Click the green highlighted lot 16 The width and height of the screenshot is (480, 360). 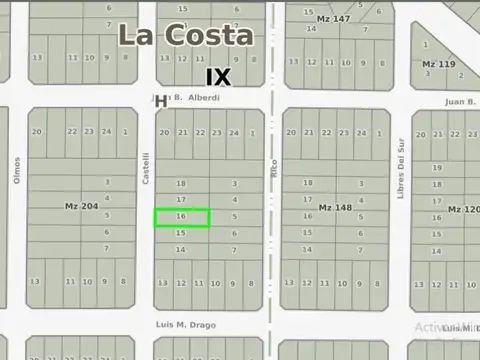click(181, 217)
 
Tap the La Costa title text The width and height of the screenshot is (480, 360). click(185, 35)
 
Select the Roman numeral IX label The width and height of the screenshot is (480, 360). click(218, 77)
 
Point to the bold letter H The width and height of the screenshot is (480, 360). click(160, 101)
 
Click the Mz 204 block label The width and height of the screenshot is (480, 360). click(81, 206)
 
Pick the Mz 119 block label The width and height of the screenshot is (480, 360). click(439, 64)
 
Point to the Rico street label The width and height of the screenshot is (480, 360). click(273, 168)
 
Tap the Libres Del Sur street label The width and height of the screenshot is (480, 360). click(400, 175)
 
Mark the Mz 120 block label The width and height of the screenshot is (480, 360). click(464, 209)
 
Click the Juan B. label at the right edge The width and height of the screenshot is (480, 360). click(459, 101)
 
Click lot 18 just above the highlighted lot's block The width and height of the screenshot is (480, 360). click(181, 184)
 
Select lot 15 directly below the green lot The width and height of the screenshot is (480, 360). click(181, 233)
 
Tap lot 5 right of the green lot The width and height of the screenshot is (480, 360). click(234, 217)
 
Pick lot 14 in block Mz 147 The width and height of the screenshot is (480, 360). click(311, 28)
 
